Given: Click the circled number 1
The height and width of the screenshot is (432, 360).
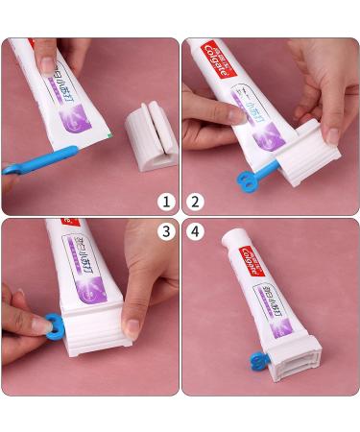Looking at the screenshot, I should point(167,202).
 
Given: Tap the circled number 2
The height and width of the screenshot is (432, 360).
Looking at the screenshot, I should point(195,202).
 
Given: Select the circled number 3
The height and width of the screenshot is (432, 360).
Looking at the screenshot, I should point(167,231).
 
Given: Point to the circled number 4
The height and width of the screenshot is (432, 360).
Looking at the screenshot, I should point(195,231).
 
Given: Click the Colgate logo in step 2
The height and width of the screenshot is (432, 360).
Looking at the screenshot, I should point(219,60).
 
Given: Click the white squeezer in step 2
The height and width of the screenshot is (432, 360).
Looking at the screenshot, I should point(288,154).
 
